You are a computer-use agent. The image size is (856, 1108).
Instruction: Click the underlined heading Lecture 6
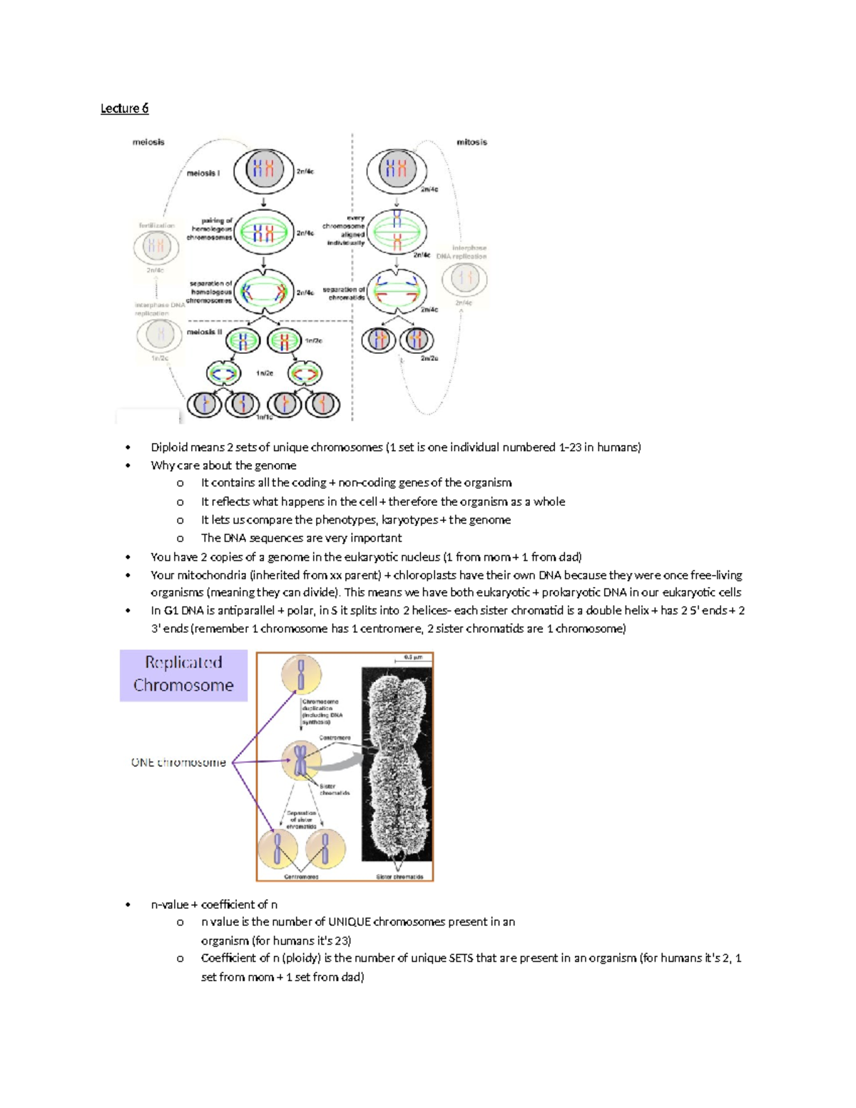pyautogui.click(x=124, y=108)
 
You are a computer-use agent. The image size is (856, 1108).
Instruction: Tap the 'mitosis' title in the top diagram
pyautogui.click(x=472, y=142)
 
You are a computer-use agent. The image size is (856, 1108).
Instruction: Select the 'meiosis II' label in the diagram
pyautogui.click(x=205, y=332)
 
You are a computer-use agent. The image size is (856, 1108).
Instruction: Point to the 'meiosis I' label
pyautogui.click(x=203, y=173)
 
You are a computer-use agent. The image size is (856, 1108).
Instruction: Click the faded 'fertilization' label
pyautogui.click(x=156, y=225)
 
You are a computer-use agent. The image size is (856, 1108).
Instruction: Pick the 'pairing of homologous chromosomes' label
pyautogui.click(x=210, y=229)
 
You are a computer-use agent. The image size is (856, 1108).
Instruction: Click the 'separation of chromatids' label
pyautogui.click(x=344, y=293)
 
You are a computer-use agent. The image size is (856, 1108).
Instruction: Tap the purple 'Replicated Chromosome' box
pyautogui.click(x=183, y=674)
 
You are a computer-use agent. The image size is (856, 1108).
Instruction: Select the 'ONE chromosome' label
pyautogui.click(x=178, y=763)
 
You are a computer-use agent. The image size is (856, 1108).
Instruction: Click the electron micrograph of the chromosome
pyautogui.click(x=396, y=763)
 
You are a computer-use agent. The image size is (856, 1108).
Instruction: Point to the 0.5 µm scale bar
pyautogui.click(x=413, y=659)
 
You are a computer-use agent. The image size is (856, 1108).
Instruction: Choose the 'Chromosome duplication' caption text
pyautogui.click(x=322, y=712)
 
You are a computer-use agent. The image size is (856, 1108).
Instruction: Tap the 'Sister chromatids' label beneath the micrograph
pyautogui.click(x=399, y=876)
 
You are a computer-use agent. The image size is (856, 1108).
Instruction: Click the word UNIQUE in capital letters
pyautogui.click(x=350, y=922)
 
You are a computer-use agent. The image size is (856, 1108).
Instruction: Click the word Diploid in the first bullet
pyautogui.click(x=168, y=447)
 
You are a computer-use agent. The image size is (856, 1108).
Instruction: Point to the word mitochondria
pyautogui.click(x=212, y=575)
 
